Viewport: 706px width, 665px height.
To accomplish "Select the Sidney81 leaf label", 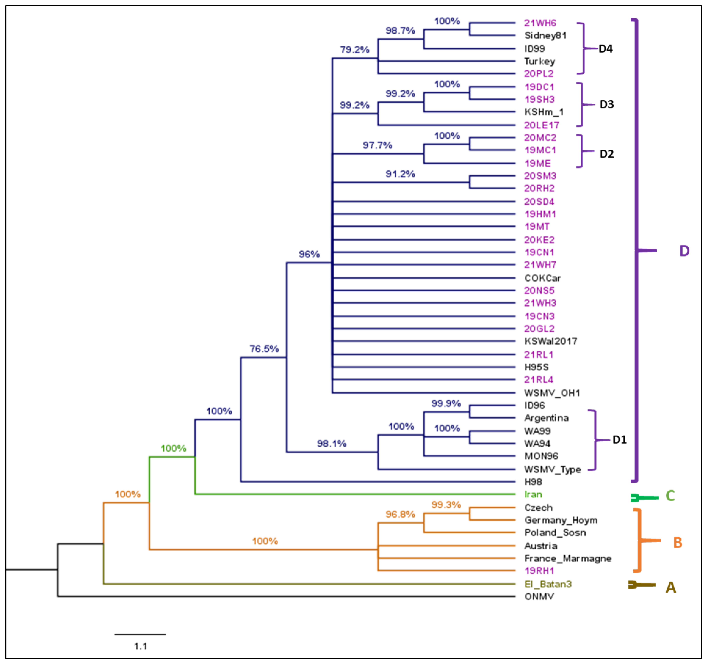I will pyautogui.click(x=545, y=35).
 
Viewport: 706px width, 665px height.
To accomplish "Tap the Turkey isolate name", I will pyautogui.click(x=539, y=61).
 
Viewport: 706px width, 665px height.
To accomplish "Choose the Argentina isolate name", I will pyautogui.click(x=546, y=418).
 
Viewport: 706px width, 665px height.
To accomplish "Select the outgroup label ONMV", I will pyautogui.click(x=539, y=597).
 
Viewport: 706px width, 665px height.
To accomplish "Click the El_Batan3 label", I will pyautogui.click(x=548, y=584).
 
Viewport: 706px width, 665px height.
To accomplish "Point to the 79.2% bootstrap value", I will pyautogui.click(x=354, y=50).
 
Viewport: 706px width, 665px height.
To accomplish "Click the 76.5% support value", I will pyautogui.click(x=264, y=349).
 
